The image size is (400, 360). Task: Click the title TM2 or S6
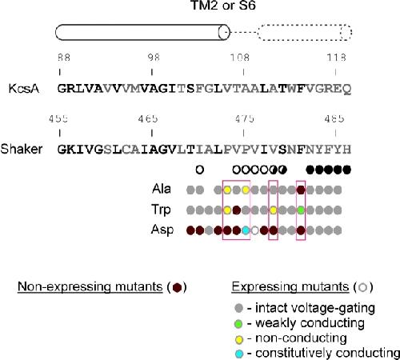click(223, 6)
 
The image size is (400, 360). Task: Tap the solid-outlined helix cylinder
click(142, 32)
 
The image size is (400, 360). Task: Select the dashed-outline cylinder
click(305, 32)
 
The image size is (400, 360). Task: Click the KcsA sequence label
click(24, 89)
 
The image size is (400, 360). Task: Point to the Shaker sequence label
click(22, 149)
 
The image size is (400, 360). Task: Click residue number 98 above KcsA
click(154, 58)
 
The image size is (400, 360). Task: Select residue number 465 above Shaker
click(148, 118)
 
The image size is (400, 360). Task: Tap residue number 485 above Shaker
click(334, 118)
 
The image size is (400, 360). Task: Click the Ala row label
click(162, 189)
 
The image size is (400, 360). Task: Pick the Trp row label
click(161, 210)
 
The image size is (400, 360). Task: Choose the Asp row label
click(162, 230)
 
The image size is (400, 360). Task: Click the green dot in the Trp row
click(301, 210)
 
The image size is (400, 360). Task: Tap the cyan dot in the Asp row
click(246, 230)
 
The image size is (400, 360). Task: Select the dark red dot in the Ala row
click(301, 190)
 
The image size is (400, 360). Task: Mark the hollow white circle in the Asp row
click(255, 230)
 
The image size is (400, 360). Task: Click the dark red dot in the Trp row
click(236, 210)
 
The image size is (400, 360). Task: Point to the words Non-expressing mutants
click(90, 287)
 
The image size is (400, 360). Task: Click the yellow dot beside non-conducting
click(239, 339)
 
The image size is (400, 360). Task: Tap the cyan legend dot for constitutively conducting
click(239, 354)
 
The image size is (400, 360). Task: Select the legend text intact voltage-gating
click(315, 308)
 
